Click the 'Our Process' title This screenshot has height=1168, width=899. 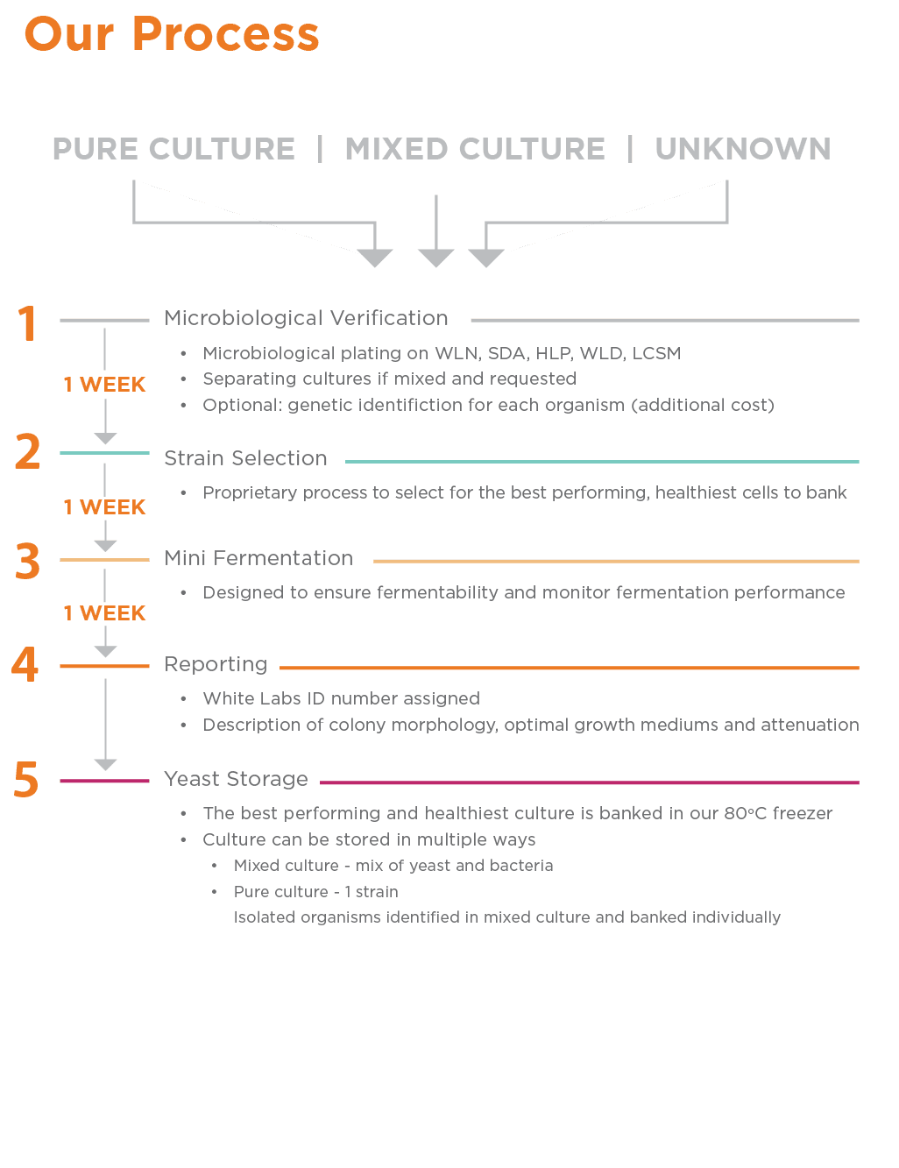point(172,34)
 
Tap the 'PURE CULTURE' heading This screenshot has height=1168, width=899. point(173,148)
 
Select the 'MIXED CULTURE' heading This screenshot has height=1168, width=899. point(475,148)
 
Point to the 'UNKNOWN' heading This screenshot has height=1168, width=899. point(743,148)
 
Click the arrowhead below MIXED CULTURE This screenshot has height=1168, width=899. point(435,258)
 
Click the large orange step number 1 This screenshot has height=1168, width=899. point(27,323)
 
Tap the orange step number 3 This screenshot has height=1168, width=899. point(27,561)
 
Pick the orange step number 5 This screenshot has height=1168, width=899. point(26,779)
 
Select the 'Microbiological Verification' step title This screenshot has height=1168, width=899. point(306,318)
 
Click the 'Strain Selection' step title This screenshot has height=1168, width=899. point(245,458)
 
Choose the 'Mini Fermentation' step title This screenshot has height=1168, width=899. point(258,558)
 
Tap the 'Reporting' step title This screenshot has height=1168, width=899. point(216,664)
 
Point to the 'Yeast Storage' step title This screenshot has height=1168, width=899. point(236,779)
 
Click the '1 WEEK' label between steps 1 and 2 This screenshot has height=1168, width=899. point(105,385)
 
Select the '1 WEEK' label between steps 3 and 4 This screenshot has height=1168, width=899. point(105,612)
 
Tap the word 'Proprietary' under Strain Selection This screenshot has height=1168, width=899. point(250,493)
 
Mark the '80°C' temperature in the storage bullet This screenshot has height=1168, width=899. point(745,813)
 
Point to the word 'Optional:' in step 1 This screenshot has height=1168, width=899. point(243,406)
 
